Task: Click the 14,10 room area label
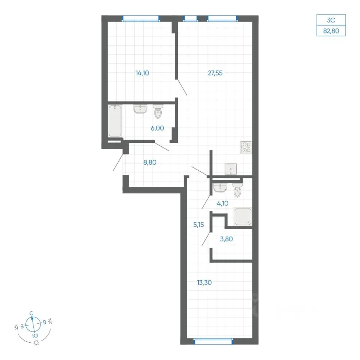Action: (142, 73)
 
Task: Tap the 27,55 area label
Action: (215, 73)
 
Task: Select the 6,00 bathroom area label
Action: (157, 128)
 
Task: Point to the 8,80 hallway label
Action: (150, 162)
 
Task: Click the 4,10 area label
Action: (222, 203)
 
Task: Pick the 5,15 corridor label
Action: (199, 225)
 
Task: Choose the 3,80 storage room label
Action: (226, 239)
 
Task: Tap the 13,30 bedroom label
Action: (204, 282)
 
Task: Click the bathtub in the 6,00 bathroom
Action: (115, 121)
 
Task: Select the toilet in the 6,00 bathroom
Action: (158, 111)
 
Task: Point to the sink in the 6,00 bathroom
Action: (140, 109)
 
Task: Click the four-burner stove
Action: (246, 147)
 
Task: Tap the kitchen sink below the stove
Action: (231, 169)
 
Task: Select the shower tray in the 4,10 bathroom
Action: (243, 216)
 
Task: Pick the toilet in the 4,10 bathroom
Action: (237, 190)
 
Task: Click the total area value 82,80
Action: (331, 31)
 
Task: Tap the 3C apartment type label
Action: (331, 20)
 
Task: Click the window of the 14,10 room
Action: (141, 18)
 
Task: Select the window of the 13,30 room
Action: (213, 342)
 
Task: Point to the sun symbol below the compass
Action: (36, 343)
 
